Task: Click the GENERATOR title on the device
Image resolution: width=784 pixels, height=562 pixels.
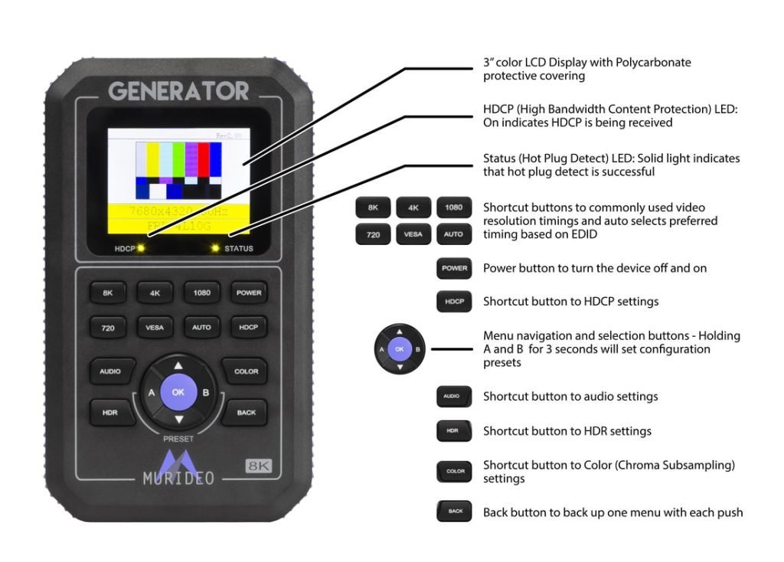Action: pos(178,91)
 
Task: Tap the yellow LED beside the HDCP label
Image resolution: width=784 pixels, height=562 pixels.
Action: pos(142,248)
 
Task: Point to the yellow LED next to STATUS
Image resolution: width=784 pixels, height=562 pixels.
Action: pos(215,248)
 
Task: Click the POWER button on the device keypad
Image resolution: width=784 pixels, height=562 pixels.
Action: pos(249,292)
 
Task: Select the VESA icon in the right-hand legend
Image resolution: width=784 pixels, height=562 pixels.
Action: pos(413,234)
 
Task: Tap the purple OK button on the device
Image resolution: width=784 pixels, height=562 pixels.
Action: pos(178,391)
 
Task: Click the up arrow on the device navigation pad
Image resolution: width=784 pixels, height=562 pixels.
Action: pos(178,366)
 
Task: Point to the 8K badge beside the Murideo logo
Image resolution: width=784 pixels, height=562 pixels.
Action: pos(259,466)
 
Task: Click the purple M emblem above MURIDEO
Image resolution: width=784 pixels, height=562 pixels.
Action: pos(178,461)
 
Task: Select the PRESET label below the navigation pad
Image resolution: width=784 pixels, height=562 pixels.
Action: pos(178,439)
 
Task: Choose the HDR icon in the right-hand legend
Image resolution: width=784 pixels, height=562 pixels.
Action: pos(452,431)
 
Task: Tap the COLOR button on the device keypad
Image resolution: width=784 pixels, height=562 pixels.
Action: pos(246,371)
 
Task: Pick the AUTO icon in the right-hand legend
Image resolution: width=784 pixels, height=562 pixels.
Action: pos(454,234)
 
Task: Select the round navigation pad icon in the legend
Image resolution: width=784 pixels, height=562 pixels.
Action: pos(400,349)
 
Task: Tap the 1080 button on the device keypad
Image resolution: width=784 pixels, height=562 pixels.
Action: pos(201,292)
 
